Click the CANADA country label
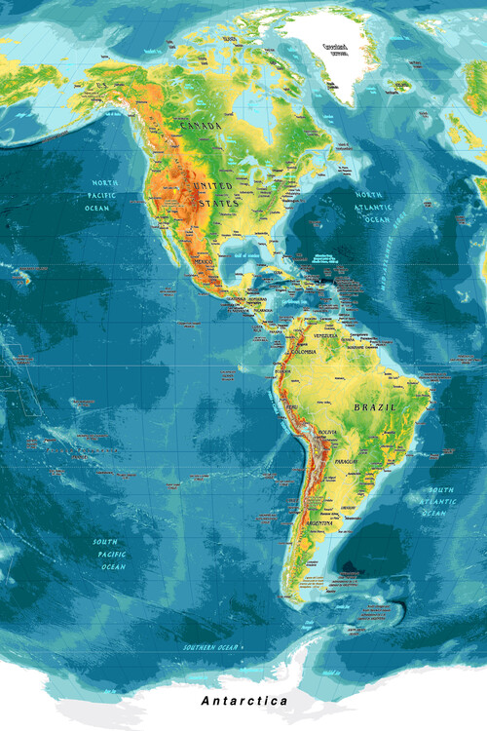point(201,127)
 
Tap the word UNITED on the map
point(215,185)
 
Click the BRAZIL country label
point(376,405)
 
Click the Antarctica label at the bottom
point(244,701)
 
